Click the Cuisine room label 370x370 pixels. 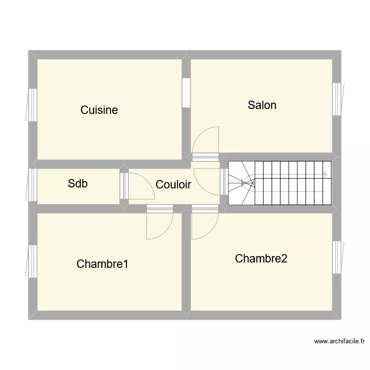click(99, 110)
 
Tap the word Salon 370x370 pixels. click(262, 105)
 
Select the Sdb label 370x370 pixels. click(78, 184)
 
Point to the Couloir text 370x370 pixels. click(173, 185)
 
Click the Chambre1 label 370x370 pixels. click(103, 264)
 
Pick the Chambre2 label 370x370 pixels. click(261, 259)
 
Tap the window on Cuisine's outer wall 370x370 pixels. click(33, 105)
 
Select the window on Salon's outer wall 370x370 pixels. click(337, 99)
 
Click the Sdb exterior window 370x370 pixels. click(33, 185)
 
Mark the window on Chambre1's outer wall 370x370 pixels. click(33, 261)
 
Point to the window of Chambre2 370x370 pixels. click(337, 258)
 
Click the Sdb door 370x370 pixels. click(124, 185)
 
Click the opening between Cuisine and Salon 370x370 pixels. click(186, 93)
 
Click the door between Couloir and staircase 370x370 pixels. click(223, 183)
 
